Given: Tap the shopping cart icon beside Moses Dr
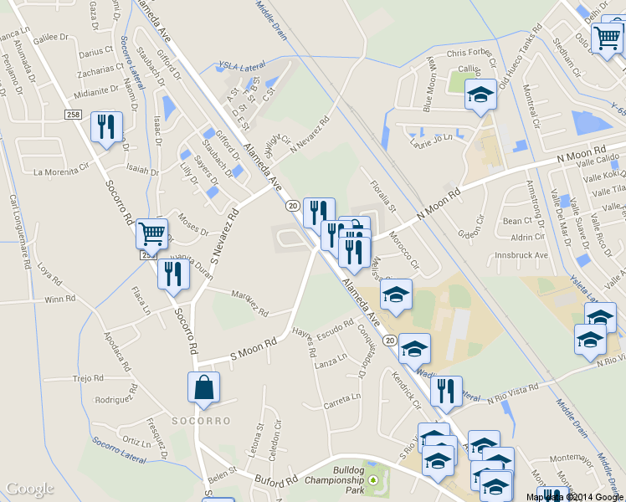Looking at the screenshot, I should coord(151,233).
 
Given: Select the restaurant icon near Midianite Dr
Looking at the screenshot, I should coord(106,127).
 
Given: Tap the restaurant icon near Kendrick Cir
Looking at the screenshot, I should coord(446,391).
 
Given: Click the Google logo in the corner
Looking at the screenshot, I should coord(31,489).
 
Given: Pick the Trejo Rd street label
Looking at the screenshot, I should coord(87,378).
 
